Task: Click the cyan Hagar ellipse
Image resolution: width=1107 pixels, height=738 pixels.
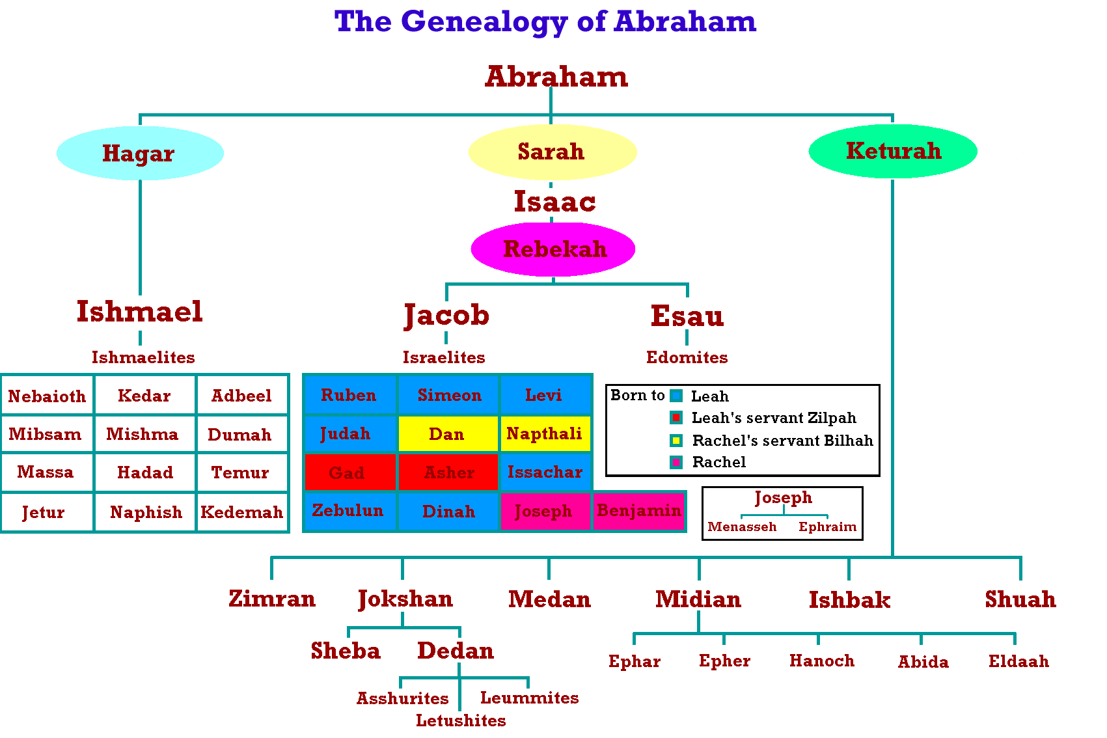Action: click(x=141, y=153)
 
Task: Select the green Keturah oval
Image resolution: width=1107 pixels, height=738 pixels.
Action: click(x=893, y=151)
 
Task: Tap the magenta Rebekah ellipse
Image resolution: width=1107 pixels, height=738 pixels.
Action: click(x=553, y=249)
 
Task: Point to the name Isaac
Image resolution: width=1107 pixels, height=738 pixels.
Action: click(x=554, y=202)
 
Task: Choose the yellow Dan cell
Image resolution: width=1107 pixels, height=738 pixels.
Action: click(x=448, y=433)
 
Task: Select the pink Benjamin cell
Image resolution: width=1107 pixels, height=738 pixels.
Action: click(x=638, y=511)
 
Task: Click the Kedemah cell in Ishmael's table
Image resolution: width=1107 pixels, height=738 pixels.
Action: click(x=242, y=512)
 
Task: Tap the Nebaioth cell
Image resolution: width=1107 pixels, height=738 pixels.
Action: click(x=48, y=396)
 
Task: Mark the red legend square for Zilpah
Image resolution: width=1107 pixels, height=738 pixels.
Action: click(x=676, y=418)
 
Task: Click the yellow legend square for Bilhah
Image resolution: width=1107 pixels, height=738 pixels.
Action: click(x=676, y=440)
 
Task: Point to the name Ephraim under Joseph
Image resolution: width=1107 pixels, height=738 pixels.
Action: click(x=827, y=527)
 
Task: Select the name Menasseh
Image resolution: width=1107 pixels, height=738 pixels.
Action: click(x=742, y=527)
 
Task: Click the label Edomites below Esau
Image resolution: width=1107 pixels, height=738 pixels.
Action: click(x=687, y=357)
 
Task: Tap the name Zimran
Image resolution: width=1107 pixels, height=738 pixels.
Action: click(x=272, y=599)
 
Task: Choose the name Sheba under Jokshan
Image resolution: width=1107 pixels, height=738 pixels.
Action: click(x=346, y=651)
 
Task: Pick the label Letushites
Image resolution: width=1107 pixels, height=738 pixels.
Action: click(x=461, y=720)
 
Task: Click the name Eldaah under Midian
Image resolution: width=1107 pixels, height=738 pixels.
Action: click(x=1018, y=661)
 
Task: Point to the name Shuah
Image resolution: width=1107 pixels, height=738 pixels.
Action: click(x=1020, y=599)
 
